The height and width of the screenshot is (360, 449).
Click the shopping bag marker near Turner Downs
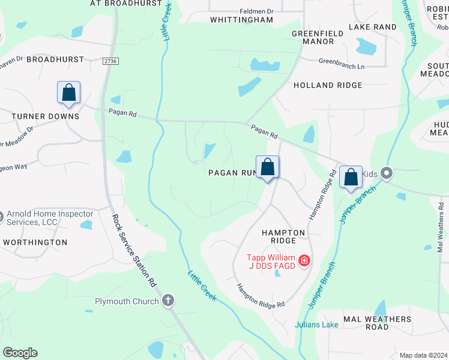[x=69, y=93]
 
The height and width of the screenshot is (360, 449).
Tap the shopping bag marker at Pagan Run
[x=268, y=167]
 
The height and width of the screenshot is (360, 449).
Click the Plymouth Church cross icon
[x=169, y=301]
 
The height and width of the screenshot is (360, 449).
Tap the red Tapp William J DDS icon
[x=304, y=260]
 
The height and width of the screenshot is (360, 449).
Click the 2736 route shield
[x=110, y=61]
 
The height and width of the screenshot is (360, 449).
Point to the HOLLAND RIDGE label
[x=328, y=85]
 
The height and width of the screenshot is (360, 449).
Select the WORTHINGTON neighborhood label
[x=35, y=242]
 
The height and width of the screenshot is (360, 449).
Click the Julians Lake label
[x=316, y=325]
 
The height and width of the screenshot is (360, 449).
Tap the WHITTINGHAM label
[x=241, y=20]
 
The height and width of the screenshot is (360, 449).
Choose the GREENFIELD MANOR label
[x=312, y=38]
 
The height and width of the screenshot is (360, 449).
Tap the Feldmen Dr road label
[x=256, y=11]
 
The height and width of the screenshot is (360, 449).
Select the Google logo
[x=20, y=353]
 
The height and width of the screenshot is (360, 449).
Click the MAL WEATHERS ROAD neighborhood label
[x=377, y=323]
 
